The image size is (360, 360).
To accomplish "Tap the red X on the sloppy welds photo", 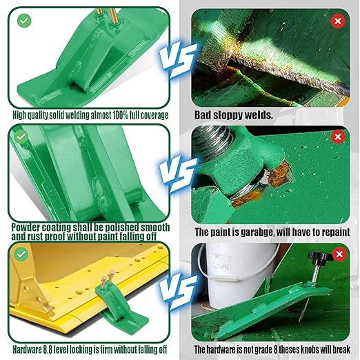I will point(338,21).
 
